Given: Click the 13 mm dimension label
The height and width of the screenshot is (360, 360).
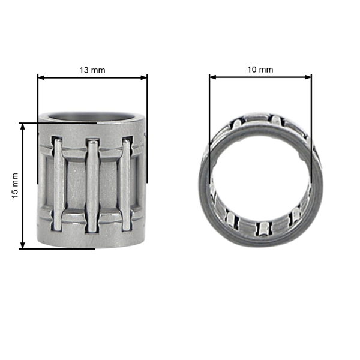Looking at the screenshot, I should coord(92,70).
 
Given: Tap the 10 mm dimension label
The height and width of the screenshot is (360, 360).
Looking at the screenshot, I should coord(260,70).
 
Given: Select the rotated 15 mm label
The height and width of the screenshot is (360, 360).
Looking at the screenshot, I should coord(16,185).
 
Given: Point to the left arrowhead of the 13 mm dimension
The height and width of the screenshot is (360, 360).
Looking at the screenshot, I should coord(41,77).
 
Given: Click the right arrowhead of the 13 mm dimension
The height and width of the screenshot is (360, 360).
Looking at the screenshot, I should coord(143,77).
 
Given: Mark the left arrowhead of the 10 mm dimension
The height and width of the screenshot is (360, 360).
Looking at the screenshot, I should coord(212,77).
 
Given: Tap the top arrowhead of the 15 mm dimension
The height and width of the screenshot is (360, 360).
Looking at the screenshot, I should coord(23,127).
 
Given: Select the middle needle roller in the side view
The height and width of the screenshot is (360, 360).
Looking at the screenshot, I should coord(92,185).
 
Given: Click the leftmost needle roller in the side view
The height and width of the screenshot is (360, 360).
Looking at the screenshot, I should coord(58,185).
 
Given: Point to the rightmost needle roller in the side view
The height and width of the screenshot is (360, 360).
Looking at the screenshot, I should coord(125,185).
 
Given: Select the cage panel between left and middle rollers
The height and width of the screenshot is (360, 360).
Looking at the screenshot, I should coord(75,185).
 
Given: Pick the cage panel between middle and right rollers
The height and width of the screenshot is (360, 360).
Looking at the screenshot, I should coord(109,185).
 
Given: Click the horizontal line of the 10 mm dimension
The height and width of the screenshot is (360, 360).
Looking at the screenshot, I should coord(260,77).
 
